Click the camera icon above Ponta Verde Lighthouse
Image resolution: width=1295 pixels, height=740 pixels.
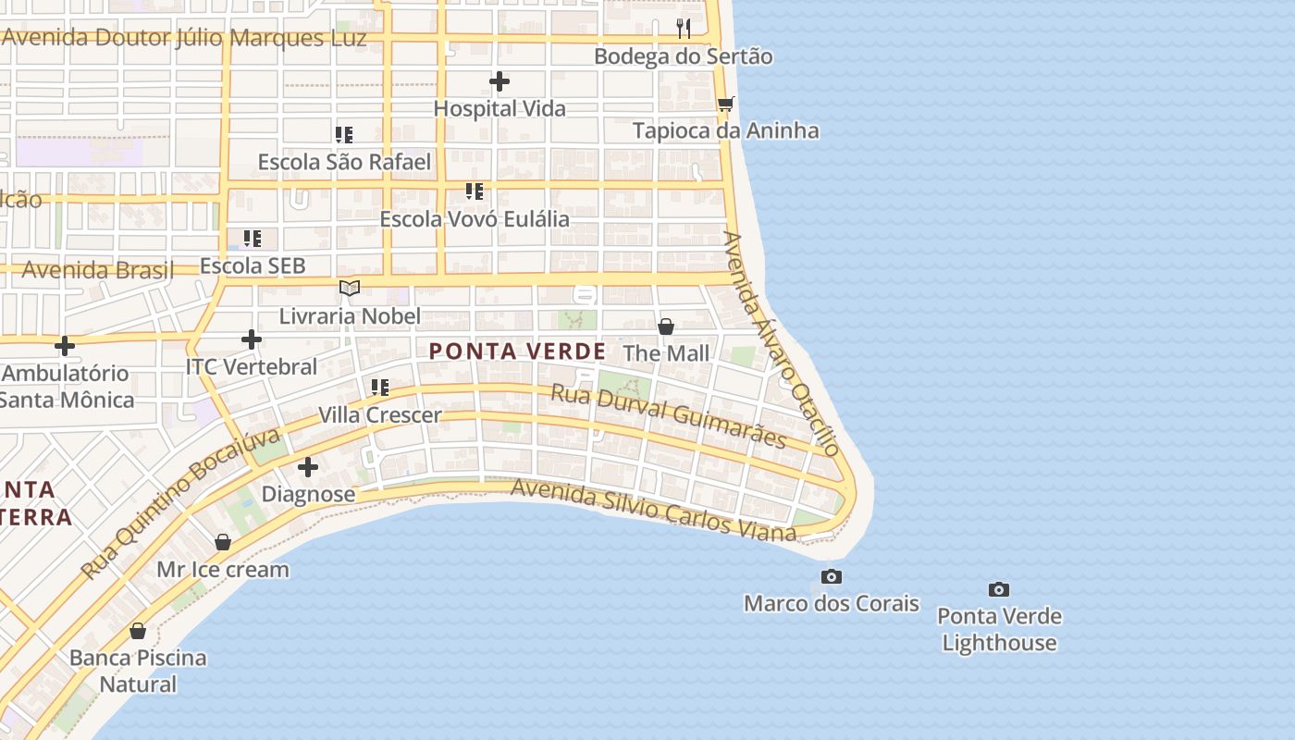coord(998,589)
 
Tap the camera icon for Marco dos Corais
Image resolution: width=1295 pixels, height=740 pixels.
coord(832,577)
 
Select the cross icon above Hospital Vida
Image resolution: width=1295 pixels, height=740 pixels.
coord(499,81)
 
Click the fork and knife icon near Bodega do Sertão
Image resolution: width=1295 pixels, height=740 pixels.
coord(684,29)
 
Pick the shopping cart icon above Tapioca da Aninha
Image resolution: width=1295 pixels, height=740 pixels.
coord(726,104)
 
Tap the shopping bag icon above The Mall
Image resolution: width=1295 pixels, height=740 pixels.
coord(665,327)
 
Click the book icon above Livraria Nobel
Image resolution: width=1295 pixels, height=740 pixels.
coord(349,289)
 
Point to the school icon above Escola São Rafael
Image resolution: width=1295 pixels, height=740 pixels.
coord(344,135)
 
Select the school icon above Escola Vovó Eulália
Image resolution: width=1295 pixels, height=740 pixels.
coord(475,192)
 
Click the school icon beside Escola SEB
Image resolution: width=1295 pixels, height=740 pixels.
coord(253,239)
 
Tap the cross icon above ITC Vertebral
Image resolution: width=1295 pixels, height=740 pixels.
coord(251,339)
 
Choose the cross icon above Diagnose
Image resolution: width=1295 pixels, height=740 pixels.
coord(308,467)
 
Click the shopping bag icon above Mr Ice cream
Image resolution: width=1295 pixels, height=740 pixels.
coord(223,542)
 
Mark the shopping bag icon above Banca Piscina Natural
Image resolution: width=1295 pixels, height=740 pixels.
coord(138,631)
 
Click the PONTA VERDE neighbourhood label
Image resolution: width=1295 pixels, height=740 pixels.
coord(518,351)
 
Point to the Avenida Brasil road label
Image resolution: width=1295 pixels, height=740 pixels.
coord(97,271)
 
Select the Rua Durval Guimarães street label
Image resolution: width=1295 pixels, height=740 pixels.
coord(668,416)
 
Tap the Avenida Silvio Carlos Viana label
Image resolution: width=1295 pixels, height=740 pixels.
coord(653,510)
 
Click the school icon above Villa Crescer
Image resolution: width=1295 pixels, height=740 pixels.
coord(380,388)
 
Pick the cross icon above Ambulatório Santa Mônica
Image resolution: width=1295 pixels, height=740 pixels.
coord(65,347)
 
